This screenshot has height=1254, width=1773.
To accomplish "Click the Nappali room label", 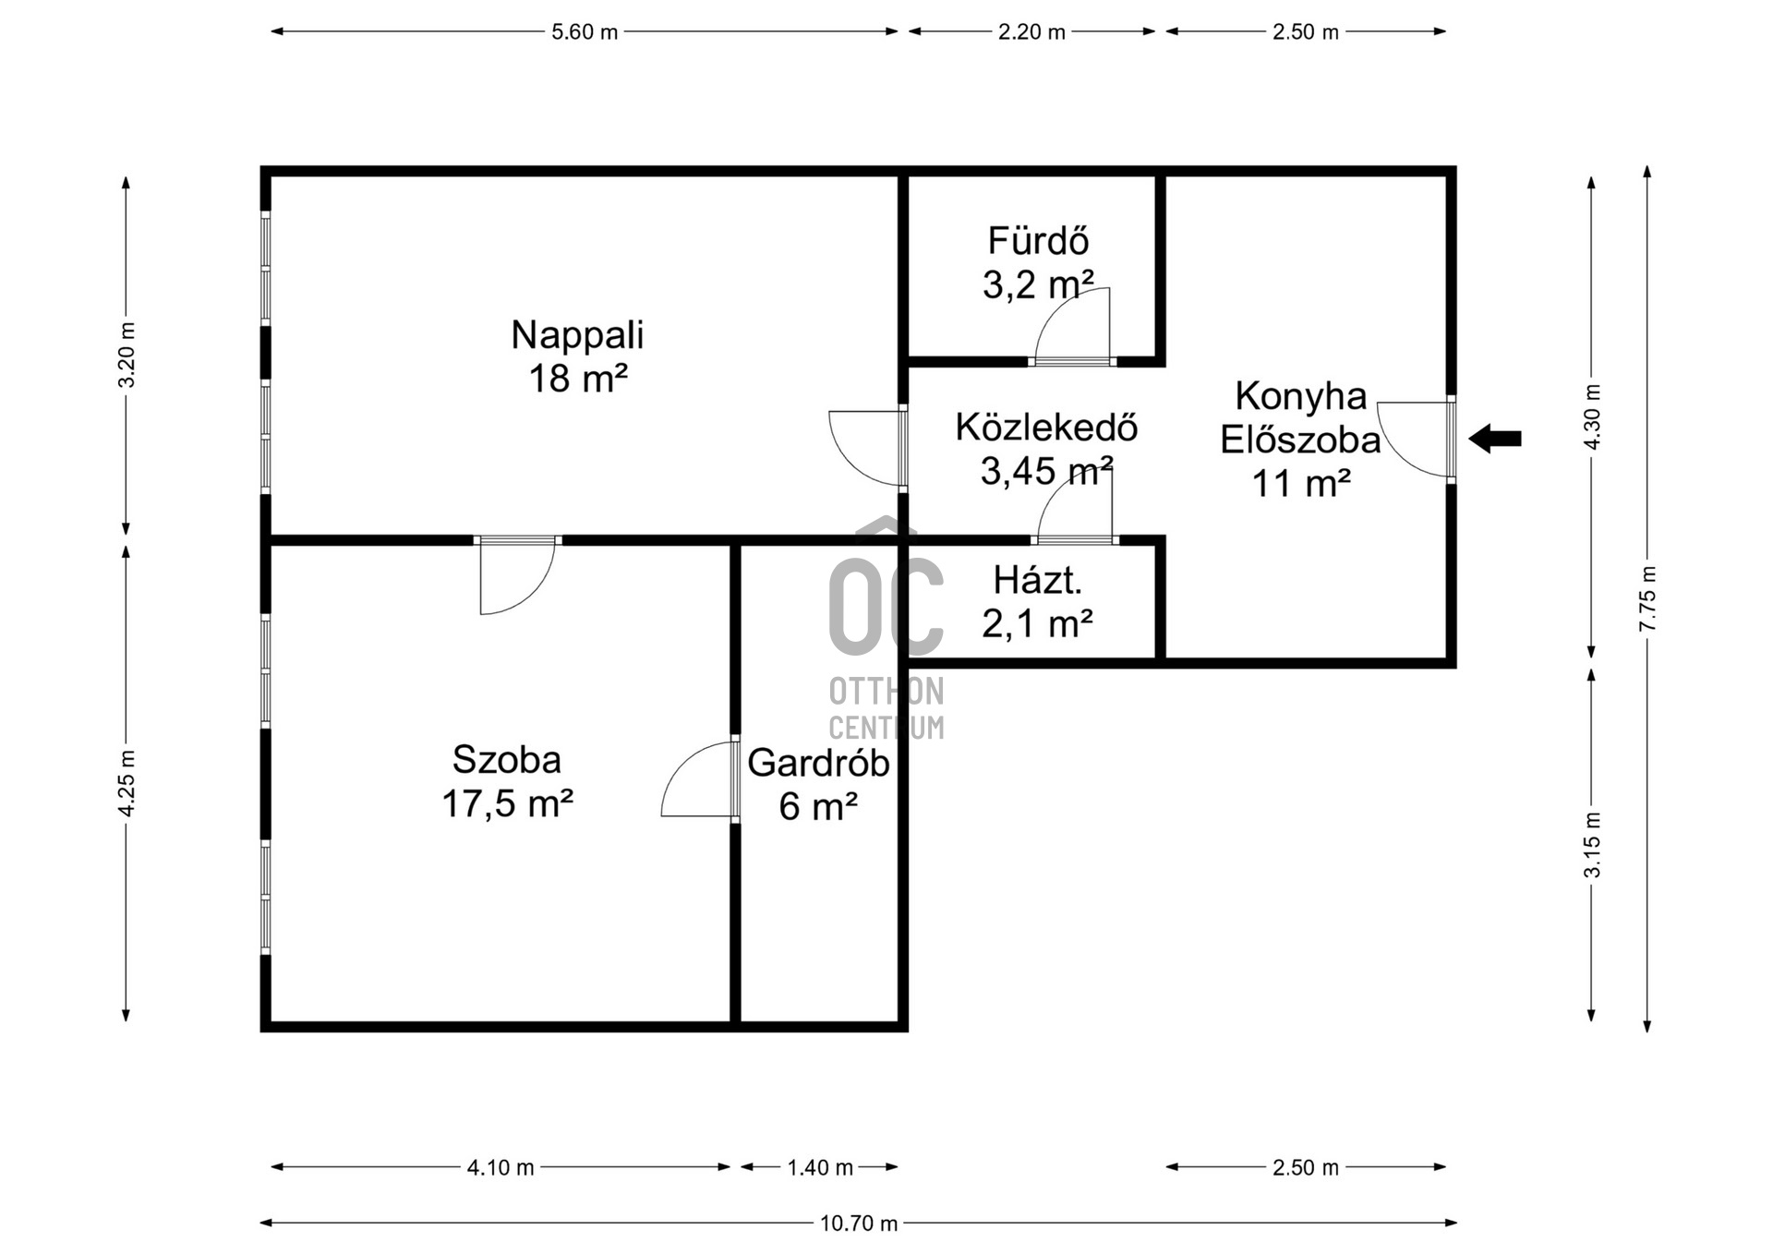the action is pyautogui.click(x=577, y=335).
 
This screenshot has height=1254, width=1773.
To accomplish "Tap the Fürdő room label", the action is pyautogui.click(x=1038, y=241).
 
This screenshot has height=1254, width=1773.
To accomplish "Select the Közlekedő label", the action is pyautogui.click(x=1046, y=428).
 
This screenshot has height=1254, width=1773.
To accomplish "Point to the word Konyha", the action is pyautogui.click(x=1300, y=396).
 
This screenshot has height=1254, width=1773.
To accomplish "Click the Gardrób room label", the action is pyautogui.click(x=818, y=763).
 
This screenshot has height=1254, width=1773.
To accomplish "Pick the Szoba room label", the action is pyautogui.click(x=507, y=760).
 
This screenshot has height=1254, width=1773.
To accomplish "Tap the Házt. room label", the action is pyautogui.click(x=1038, y=581).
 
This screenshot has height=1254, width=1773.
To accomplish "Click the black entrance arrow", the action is pyautogui.click(x=1494, y=439).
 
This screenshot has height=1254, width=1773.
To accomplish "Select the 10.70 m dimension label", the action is pyautogui.click(x=859, y=1224).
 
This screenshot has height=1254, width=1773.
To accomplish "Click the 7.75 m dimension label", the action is pyautogui.click(x=1648, y=598).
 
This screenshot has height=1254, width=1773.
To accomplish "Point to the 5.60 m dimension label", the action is pyautogui.click(x=585, y=32).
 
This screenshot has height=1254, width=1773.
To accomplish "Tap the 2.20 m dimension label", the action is pyautogui.click(x=1031, y=32).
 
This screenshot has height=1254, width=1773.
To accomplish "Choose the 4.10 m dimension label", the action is pyautogui.click(x=501, y=1168).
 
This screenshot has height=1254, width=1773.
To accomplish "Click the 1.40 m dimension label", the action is pyautogui.click(x=820, y=1168).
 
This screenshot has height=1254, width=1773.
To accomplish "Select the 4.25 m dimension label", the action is pyautogui.click(x=127, y=783).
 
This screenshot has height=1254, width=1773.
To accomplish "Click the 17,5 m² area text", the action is pyautogui.click(x=507, y=803).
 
